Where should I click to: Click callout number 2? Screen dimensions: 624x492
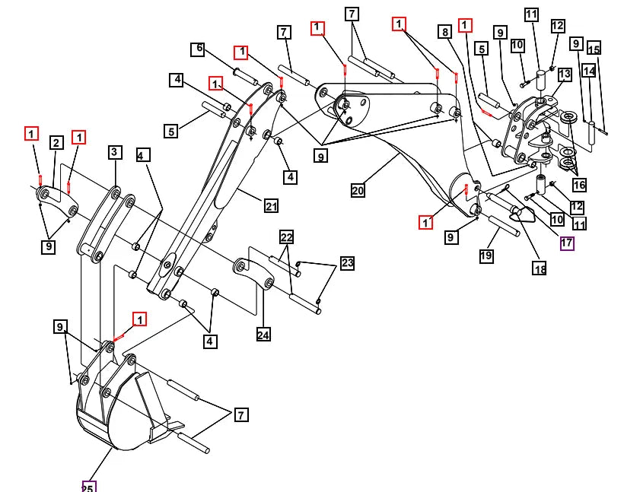click(56, 143)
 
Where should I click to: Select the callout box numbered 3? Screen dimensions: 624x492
click(115, 152)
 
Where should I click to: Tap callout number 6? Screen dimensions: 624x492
click(198, 49)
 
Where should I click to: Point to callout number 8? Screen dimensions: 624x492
click(445, 32)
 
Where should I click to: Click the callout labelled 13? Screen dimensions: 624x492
click(565, 74)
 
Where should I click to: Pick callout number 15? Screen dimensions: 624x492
click(594, 49)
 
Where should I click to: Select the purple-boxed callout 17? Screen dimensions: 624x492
click(567, 243)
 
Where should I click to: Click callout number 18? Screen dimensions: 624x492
click(540, 269)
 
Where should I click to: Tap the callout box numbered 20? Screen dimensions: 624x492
click(358, 190)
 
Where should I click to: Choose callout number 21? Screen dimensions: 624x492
click(271, 206)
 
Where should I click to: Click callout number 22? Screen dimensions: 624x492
click(287, 237)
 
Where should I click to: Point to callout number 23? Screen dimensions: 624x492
click(348, 262)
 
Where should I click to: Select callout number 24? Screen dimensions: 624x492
click(263, 335)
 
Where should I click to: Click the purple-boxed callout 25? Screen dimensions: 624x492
click(89, 487)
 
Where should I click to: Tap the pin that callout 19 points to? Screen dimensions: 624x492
click(503, 226)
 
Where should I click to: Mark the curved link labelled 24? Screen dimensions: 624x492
click(253, 272)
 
